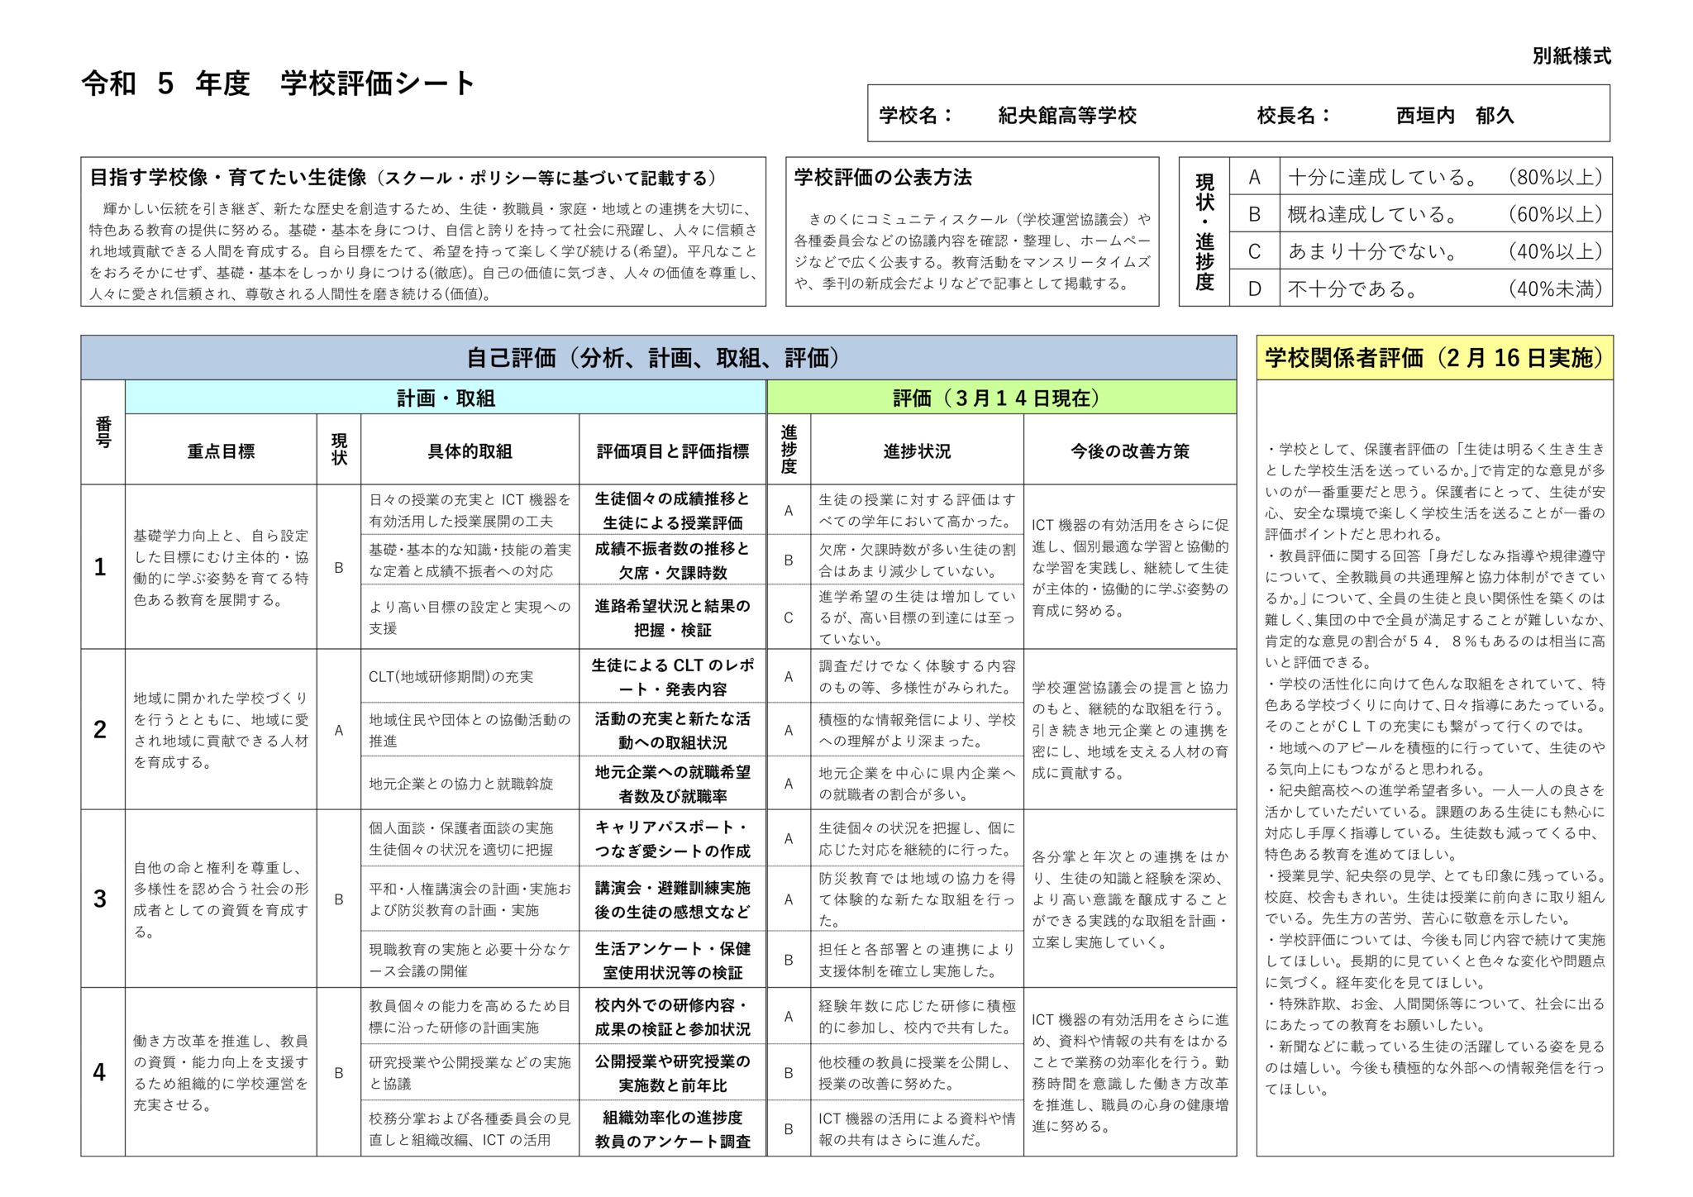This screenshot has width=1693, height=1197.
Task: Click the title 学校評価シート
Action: pos(377,83)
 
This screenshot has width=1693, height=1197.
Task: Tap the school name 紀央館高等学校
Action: pos(1067,116)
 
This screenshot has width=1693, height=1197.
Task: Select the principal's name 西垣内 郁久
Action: pos(1454,116)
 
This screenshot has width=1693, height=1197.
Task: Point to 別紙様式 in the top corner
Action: pos(1571,56)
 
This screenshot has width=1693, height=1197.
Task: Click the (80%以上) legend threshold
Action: pos(1555,177)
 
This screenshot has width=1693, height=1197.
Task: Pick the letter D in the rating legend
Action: pos(1254,289)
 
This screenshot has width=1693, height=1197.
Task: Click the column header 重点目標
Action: pos(221,451)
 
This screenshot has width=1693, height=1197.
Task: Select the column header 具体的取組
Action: pos(470,451)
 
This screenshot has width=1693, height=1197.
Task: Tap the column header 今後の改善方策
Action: pos(1129,451)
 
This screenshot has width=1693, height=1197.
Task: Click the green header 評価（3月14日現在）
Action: pos(1001,398)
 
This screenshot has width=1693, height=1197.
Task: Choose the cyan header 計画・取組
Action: pos(446,398)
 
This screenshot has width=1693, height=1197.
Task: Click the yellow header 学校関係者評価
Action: pos(1434,358)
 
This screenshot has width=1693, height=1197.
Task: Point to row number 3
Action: pos(100,899)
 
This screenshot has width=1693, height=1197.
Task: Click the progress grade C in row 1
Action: pos(789,618)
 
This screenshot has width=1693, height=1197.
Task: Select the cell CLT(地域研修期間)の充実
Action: pos(451,676)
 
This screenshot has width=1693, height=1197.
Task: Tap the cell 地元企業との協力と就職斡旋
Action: pos(460,783)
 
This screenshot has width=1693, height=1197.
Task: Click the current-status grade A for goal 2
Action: pos(338,730)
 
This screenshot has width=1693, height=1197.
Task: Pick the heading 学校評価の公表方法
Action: pos(882,178)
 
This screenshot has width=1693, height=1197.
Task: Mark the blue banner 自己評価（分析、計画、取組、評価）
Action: pos(658,358)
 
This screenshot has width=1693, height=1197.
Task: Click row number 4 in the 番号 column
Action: pos(100,1072)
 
